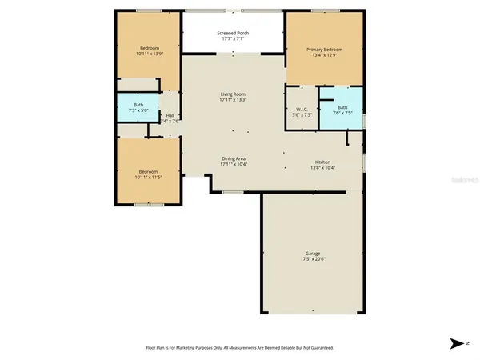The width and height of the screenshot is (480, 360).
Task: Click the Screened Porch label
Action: [233, 33]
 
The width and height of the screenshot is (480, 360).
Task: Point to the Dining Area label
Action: [233, 158]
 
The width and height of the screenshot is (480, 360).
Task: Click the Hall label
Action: [170, 115]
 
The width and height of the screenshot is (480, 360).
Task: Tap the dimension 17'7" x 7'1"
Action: [233, 39]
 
